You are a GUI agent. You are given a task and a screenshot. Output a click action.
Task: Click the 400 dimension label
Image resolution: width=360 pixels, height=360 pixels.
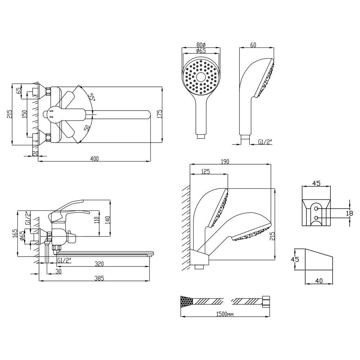click(x=94, y=159)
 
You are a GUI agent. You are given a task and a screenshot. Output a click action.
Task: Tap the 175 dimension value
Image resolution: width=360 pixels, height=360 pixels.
click(x=160, y=114)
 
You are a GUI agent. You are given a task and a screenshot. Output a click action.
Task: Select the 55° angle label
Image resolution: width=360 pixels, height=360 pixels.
click(x=92, y=97)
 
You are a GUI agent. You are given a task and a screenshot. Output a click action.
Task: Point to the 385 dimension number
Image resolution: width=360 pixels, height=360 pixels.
click(x=99, y=278)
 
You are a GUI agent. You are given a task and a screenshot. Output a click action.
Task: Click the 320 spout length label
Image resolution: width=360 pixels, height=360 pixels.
click(x=99, y=264)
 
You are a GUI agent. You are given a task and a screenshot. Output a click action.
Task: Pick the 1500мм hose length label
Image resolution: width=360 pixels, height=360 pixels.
click(x=225, y=314)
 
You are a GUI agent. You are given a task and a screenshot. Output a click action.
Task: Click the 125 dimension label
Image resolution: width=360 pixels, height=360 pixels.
click(x=206, y=171)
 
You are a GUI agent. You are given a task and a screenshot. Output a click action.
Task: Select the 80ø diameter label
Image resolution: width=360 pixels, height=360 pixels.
click(x=201, y=45)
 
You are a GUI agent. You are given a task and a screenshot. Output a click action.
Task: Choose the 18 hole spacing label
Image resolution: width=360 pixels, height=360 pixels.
click(x=350, y=213)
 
